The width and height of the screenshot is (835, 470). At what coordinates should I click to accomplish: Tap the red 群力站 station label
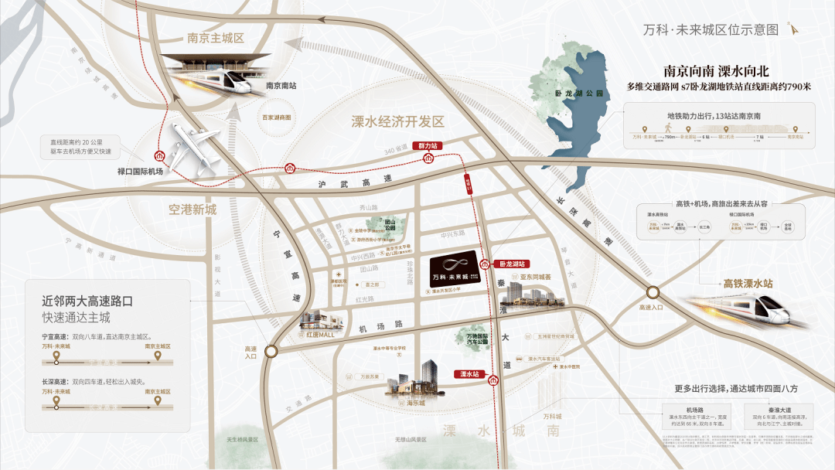(x=428, y=145)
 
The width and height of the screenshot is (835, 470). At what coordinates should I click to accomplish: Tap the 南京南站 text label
(x=281, y=87)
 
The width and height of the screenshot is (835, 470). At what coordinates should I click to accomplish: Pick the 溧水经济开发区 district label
(x=398, y=121)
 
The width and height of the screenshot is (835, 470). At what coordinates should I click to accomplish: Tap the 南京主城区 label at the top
(x=216, y=38)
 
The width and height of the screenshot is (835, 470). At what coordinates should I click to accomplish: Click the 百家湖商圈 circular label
(x=277, y=118)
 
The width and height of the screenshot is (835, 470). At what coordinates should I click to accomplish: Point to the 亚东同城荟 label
(x=535, y=277)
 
